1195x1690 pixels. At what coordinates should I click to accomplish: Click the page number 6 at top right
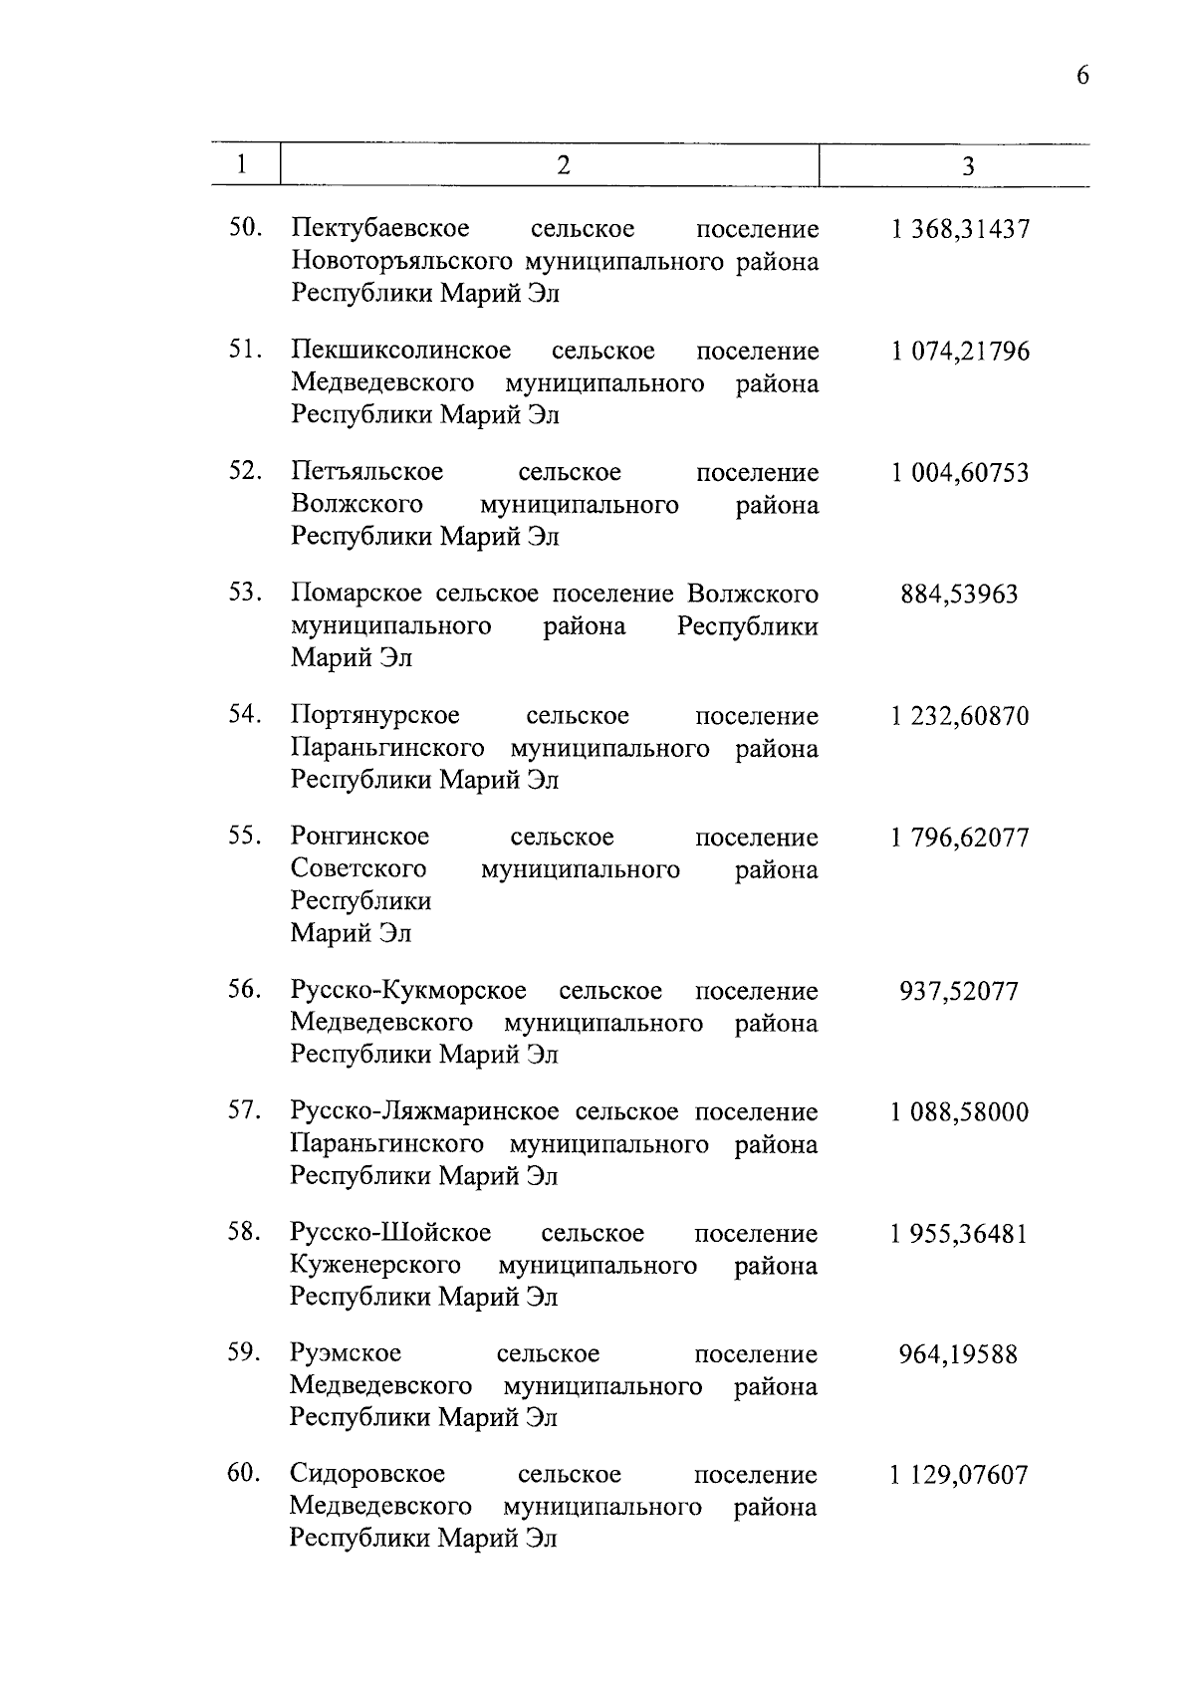(x=1082, y=77)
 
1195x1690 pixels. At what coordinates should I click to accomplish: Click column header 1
(x=242, y=164)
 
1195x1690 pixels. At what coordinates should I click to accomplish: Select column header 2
(x=563, y=165)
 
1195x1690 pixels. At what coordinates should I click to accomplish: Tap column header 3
(x=968, y=166)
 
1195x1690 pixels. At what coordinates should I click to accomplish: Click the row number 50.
(x=245, y=228)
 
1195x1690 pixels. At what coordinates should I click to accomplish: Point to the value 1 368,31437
(x=960, y=230)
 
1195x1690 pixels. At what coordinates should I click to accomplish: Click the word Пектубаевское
(x=380, y=230)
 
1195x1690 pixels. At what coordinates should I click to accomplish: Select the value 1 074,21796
(x=960, y=352)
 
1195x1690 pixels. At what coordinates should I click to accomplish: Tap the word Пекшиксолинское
(x=401, y=352)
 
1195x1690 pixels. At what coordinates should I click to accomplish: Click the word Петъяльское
(x=367, y=472)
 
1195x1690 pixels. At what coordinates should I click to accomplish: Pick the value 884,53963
(x=959, y=595)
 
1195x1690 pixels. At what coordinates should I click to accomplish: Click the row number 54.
(x=245, y=714)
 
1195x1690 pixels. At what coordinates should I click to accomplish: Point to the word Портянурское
(x=375, y=716)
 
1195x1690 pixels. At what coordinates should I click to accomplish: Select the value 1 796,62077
(x=959, y=838)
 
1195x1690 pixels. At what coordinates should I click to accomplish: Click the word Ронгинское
(x=359, y=837)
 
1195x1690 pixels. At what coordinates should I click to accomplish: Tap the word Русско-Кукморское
(x=408, y=991)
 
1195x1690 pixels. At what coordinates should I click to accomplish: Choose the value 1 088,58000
(x=959, y=1112)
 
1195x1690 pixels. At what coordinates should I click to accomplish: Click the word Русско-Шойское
(x=390, y=1233)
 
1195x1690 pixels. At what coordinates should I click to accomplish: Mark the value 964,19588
(x=958, y=1354)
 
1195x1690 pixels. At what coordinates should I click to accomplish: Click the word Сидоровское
(x=367, y=1474)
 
